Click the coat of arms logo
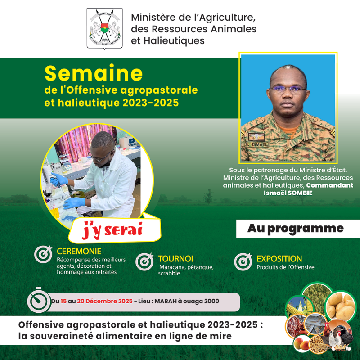click(104, 28)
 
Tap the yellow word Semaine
click(94, 73)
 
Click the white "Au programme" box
click(295, 229)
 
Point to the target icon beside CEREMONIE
click(43, 255)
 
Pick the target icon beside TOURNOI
click(144, 262)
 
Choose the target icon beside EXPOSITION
click(243, 262)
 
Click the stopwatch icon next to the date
click(38, 300)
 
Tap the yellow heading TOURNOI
click(175, 259)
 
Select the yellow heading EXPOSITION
click(279, 259)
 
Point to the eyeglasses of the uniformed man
click(288, 88)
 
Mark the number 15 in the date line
click(64, 301)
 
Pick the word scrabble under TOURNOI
click(169, 273)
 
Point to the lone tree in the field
click(208, 198)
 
